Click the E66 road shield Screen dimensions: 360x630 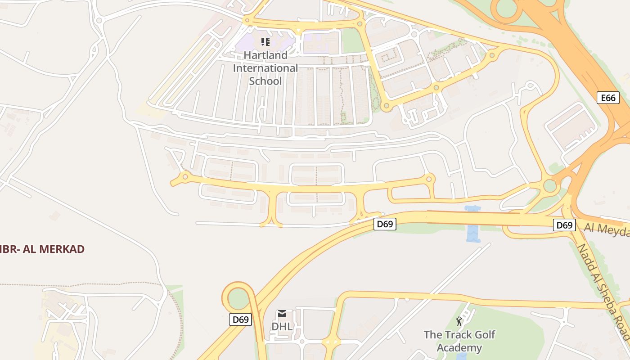tap(608, 98)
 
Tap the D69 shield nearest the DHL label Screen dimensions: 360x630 tap(240, 319)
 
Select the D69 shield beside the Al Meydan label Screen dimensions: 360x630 tap(564, 225)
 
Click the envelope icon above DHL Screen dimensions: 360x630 tap(282, 314)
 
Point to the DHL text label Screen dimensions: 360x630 tap(282, 326)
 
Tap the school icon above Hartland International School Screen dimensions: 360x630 tap(265, 42)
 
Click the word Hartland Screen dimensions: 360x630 tap(265, 55)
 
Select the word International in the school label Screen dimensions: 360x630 tap(265, 68)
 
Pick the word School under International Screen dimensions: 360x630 tap(265, 81)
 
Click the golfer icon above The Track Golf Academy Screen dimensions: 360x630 tap(459, 321)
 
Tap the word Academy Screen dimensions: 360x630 tap(459, 348)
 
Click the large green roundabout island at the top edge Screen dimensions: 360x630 tap(506, 8)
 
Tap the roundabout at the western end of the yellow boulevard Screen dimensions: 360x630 tap(184, 177)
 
